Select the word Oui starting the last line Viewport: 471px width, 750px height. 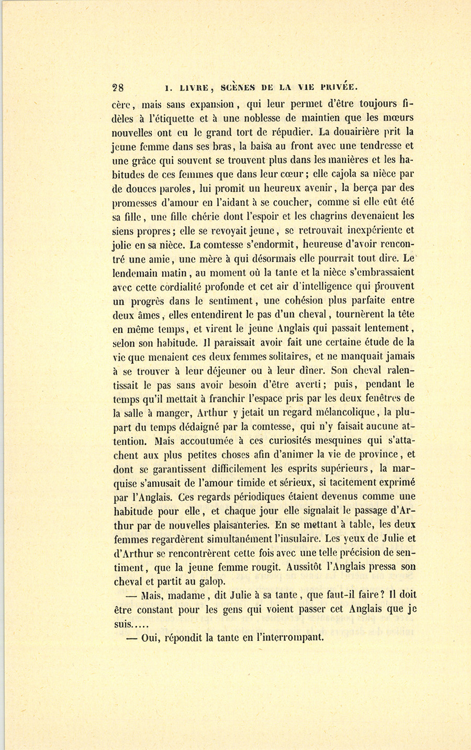(150, 638)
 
